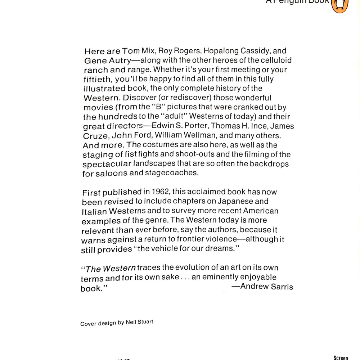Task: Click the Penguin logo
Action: click(x=339, y=5)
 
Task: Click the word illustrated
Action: click(x=104, y=89)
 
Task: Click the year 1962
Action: click(x=160, y=192)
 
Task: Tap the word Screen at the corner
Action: click(x=341, y=357)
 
